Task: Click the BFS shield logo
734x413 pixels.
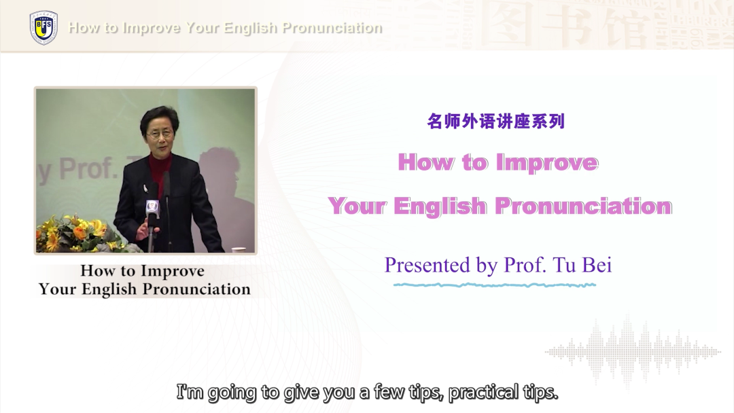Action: pos(43,28)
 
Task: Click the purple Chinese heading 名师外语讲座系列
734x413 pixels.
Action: pos(495,121)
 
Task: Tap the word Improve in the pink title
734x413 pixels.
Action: pos(546,163)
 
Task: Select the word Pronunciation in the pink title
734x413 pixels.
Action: pos(583,206)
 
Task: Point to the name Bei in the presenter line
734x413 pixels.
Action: pos(597,265)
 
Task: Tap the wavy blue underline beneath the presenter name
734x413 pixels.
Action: pos(495,285)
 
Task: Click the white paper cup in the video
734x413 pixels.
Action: pos(239,250)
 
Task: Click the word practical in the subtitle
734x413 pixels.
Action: pos(484,393)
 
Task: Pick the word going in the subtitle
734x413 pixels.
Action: pos(232,393)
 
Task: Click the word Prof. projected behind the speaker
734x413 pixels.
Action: pos(88,169)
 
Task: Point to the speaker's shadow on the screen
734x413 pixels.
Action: pos(225,187)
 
